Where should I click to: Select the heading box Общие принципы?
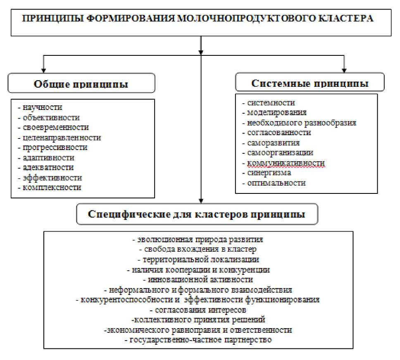pyautogui.click(x=81, y=83)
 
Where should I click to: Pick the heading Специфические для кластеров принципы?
pyautogui.click(x=196, y=215)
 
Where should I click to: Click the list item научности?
pyautogui.click(x=42, y=107)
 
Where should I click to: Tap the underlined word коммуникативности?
pyautogui.click(x=285, y=163)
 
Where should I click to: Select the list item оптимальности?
pyautogui.click(x=276, y=183)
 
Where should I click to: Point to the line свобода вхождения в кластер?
pyautogui.click(x=198, y=249)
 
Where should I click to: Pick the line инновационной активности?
pyautogui.click(x=200, y=279)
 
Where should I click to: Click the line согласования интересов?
pyautogui.click(x=199, y=310)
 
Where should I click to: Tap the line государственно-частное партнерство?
pyautogui.click(x=198, y=340)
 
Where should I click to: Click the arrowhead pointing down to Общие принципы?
pyautogui.click(x=43, y=70)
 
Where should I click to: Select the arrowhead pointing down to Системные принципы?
pyautogui.click(x=344, y=69)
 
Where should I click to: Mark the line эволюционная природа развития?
pyautogui.click(x=198, y=239)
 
